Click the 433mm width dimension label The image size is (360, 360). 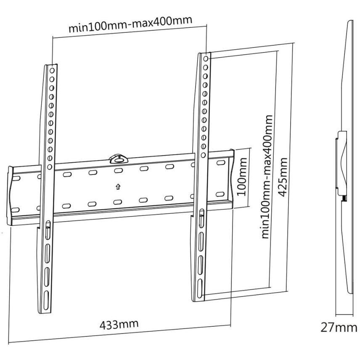pos(119,324)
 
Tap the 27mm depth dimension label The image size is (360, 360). pos(339,327)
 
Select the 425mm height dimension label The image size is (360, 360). pos(282,177)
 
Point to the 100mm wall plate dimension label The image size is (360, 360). pos(241,177)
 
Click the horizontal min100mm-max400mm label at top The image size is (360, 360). pos(130,24)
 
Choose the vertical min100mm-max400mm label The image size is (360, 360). pos(267,177)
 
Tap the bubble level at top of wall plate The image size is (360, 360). pos(119,159)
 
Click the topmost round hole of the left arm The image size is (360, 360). pos(52,71)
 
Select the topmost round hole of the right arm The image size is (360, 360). pos(206,58)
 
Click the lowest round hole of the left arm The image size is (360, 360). pos(50,167)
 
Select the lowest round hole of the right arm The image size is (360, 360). pos(203,155)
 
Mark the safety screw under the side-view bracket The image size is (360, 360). pos(344,199)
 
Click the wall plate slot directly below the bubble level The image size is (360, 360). pos(118,171)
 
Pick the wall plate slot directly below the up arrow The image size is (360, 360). pos(118,202)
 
